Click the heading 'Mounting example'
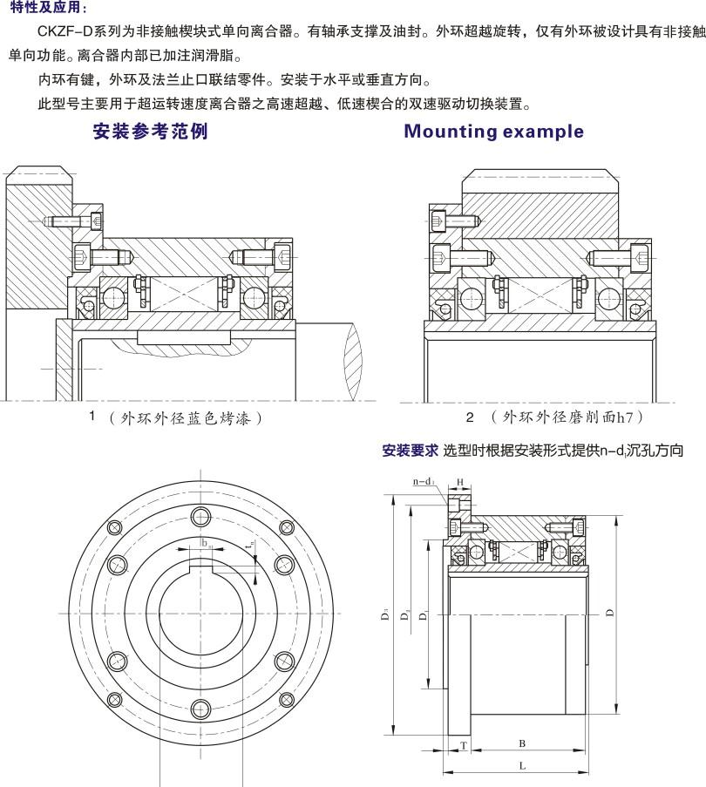click(x=494, y=132)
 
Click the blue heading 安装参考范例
click(x=151, y=132)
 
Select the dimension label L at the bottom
click(x=521, y=764)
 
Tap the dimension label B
click(x=521, y=743)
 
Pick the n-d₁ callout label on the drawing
click(x=424, y=481)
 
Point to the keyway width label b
click(x=205, y=543)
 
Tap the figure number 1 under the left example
click(x=92, y=416)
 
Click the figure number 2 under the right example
click(x=469, y=417)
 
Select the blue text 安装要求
click(x=410, y=451)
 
